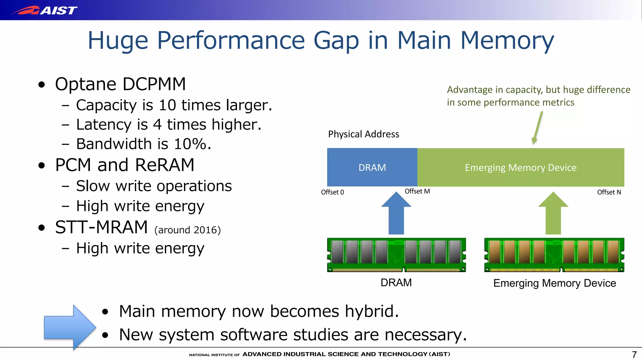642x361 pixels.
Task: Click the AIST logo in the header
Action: (45, 10)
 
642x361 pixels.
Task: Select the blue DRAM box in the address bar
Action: (372, 167)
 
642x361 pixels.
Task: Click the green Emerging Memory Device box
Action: (520, 167)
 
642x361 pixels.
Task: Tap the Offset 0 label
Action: (332, 192)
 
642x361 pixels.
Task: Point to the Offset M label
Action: (417, 191)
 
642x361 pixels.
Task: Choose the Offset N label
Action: (609, 192)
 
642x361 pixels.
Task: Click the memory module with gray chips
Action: (396, 255)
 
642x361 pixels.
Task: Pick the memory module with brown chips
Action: (554, 255)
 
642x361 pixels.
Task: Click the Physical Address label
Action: (363, 134)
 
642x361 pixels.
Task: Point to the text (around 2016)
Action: (187, 230)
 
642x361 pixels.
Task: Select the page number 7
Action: (634, 354)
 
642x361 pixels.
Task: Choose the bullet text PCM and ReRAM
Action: (124, 165)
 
